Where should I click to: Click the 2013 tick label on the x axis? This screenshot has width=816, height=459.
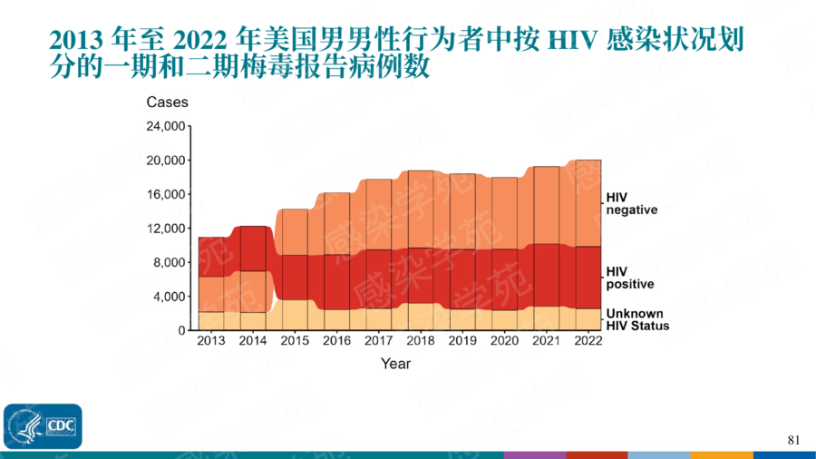[211, 341]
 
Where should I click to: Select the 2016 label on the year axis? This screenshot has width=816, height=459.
[336, 341]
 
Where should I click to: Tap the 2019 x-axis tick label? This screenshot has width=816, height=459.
[462, 341]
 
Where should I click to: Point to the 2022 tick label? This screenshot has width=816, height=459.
[588, 341]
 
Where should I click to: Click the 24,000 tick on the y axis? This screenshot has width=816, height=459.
[166, 126]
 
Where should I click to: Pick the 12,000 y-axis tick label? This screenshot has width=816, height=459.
[166, 229]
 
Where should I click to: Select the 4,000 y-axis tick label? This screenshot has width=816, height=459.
[169, 297]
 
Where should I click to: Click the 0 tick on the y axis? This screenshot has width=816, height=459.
[181, 330]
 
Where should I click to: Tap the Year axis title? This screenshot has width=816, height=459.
[395, 364]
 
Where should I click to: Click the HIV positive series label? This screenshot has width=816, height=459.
[629, 278]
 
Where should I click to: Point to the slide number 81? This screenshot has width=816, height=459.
[794, 441]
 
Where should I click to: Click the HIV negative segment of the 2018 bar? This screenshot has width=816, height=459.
[420, 209]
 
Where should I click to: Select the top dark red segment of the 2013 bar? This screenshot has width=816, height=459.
[211, 257]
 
